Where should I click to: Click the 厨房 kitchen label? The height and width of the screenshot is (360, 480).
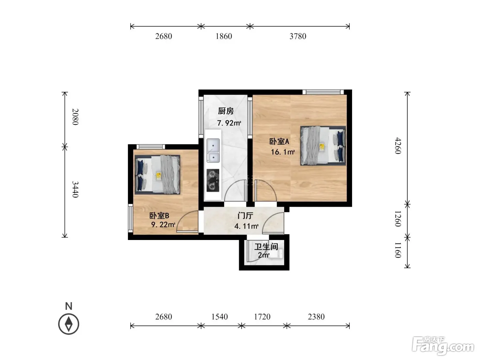click(x=226, y=111)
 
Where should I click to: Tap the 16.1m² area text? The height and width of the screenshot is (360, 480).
click(x=283, y=152)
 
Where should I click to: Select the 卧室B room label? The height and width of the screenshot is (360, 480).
click(x=159, y=216)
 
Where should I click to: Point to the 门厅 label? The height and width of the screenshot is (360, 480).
click(x=245, y=216)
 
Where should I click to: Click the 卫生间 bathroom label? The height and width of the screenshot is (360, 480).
click(x=266, y=247)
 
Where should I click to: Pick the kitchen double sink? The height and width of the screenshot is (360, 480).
click(x=213, y=151)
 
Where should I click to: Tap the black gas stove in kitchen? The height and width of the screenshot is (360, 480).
click(x=213, y=181)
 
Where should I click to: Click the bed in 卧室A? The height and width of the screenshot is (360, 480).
click(x=323, y=146)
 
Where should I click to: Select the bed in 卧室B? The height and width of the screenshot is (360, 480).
click(x=157, y=175)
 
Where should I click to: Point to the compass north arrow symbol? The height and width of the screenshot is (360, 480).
click(x=69, y=324)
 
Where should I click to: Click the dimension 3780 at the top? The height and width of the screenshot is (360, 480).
click(x=298, y=36)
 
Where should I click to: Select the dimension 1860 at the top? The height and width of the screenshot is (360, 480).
click(x=224, y=36)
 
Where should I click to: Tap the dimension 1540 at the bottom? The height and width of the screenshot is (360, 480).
click(x=219, y=316)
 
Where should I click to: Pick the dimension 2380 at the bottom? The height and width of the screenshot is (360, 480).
click(x=316, y=316)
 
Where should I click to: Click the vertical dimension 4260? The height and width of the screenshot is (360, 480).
click(x=398, y=146)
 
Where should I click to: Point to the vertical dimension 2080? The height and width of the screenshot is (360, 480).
click(x=75, y=117)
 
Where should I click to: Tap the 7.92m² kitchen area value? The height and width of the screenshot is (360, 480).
click(x=229, y=123)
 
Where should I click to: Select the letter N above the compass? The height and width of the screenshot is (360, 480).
click(x=69, y=306)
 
